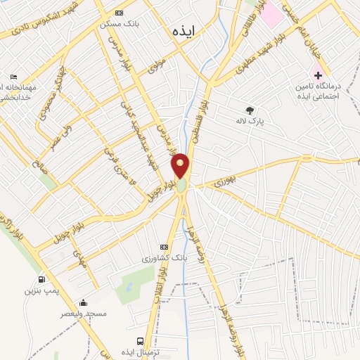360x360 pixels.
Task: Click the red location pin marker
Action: [x=181, y=166]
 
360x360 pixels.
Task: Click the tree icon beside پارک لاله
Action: [x=250, y=110]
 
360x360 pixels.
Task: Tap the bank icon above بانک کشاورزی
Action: [x=165, y=247]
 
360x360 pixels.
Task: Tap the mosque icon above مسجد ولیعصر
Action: [x=84, y=303]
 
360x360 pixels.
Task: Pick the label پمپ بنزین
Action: [x=39, y=290]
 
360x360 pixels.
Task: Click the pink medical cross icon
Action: [x=318, y=75]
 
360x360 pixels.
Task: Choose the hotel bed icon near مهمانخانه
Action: [x=13, y=77]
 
